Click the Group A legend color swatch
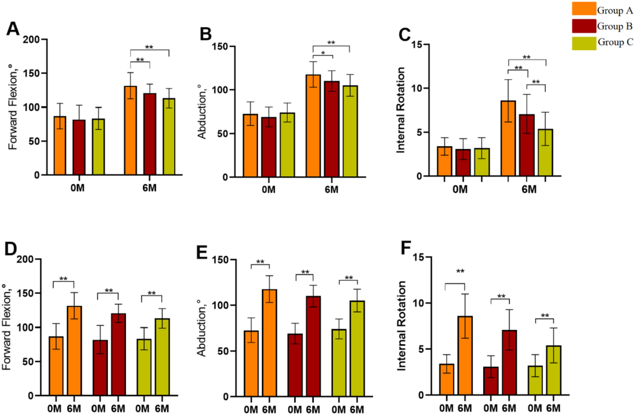[584, 9]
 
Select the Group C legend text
[615, 42]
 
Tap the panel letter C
[404, 35]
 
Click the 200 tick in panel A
[31, 40]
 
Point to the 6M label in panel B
[331, 190]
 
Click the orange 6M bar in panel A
[130, 131]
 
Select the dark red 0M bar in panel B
[269, 147]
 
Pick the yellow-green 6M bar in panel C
[545, 153]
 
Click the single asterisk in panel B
[323, 54]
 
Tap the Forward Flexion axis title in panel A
[13, 107]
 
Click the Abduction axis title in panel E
[201, 328]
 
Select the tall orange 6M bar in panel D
[75, 351]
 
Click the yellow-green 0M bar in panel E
[339, 363]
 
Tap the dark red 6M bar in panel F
[509, 363]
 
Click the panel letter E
[202, 252]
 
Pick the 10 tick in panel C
[417, 88]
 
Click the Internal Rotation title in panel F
[401, 326]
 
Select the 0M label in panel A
[77, 188]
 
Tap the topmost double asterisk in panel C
[526, 57]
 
